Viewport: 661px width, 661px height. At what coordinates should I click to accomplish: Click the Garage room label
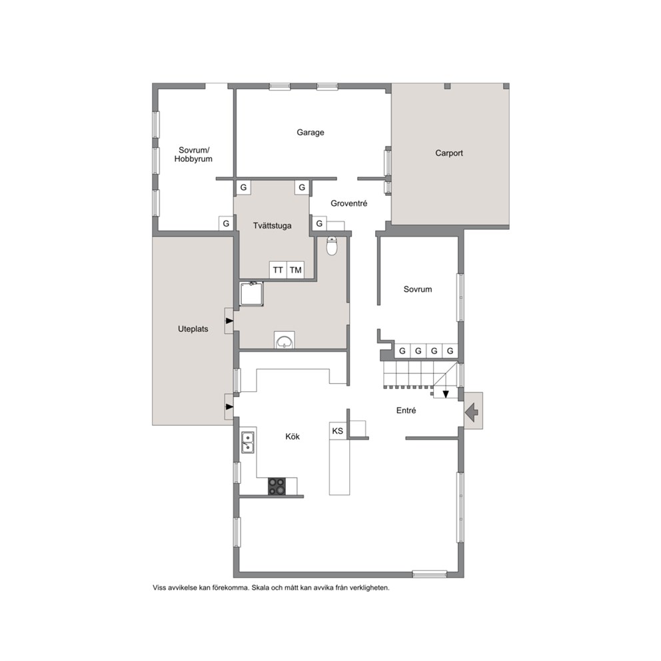pos(311,133)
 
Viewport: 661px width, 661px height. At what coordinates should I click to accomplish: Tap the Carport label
pos(449,153)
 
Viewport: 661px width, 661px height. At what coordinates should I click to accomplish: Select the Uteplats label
pos(193,329)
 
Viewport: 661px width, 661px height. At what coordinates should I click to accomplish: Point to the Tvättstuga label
pos(273,225)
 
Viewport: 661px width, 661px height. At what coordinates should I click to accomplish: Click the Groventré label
pos(349,203)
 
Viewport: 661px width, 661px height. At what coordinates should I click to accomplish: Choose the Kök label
pos(293,436)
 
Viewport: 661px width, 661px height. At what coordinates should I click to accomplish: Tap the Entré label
pos(406,410)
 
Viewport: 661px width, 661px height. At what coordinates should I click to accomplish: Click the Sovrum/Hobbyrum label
pos(193,155)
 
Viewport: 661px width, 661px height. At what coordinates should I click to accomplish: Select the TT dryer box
pos(278,270)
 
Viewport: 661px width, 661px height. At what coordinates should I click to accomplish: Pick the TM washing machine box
pos(295,270)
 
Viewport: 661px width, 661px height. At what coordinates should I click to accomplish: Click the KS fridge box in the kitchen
pos(338,431)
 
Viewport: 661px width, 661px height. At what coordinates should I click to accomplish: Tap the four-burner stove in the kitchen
pos(277,486)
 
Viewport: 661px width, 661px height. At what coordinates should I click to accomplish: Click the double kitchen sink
pos(248,442)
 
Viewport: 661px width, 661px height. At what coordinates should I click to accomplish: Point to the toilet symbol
pos(332,246)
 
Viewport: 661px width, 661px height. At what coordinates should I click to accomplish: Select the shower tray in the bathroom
pos(252,294)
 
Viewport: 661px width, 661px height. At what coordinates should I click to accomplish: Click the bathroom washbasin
pos(285,340)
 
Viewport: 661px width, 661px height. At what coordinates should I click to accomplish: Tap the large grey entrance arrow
pos(472,412)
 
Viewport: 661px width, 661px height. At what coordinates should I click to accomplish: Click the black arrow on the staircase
pos(446,394)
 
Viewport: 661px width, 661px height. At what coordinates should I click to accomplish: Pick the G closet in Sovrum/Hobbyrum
pos(226,223)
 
